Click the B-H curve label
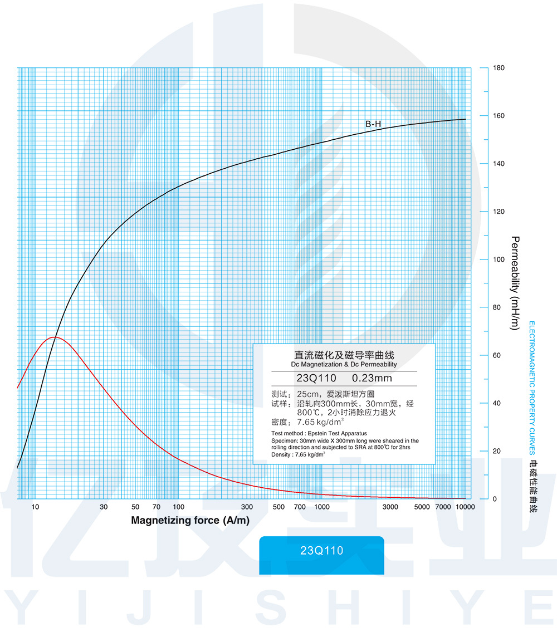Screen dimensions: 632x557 (373, 124)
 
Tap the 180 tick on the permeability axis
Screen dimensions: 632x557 (499, 68)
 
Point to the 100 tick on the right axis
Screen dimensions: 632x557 (499, 259)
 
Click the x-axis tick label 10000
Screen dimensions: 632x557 (465, 507)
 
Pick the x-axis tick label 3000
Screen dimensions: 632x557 (390, 507)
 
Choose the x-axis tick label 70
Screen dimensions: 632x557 (157, 507)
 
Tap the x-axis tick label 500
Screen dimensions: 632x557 (279, 507)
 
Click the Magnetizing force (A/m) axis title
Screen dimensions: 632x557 (190, 521)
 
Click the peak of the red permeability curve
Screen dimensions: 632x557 (54, 337)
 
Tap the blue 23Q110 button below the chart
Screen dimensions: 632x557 (321, 551)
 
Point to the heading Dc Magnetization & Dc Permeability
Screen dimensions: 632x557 (344, 365)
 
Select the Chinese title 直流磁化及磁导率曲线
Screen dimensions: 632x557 (344, 355)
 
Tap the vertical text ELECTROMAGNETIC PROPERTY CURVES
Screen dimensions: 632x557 (531, 388)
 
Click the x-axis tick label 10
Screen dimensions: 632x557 (35, 507)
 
